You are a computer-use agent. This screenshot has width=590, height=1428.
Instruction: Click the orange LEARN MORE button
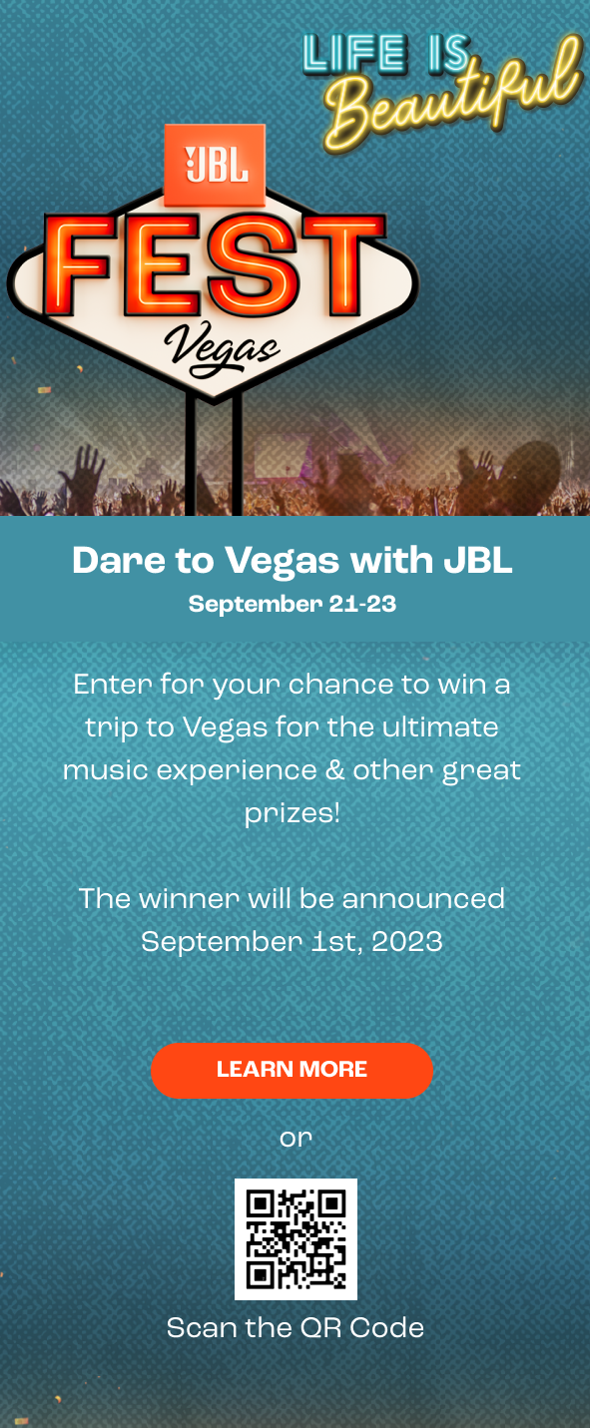click(x=292, y=1070)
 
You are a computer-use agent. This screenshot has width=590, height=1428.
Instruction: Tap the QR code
click(x=295, y=1238)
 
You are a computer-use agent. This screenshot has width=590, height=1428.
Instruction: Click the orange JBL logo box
click(x=215, y=165)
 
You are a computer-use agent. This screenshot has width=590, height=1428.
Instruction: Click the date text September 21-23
click(x=293, y=604)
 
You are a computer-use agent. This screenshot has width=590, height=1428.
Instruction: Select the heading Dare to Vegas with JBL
click(x=293, y=561)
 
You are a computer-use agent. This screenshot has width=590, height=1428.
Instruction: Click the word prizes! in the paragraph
click(x=293, y=813)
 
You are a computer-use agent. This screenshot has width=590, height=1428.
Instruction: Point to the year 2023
click(x=406, y=941)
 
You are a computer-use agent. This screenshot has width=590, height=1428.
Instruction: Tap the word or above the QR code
click(x=295, y=1138)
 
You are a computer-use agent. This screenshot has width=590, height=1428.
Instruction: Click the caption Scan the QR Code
click(x=295, y=1327)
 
